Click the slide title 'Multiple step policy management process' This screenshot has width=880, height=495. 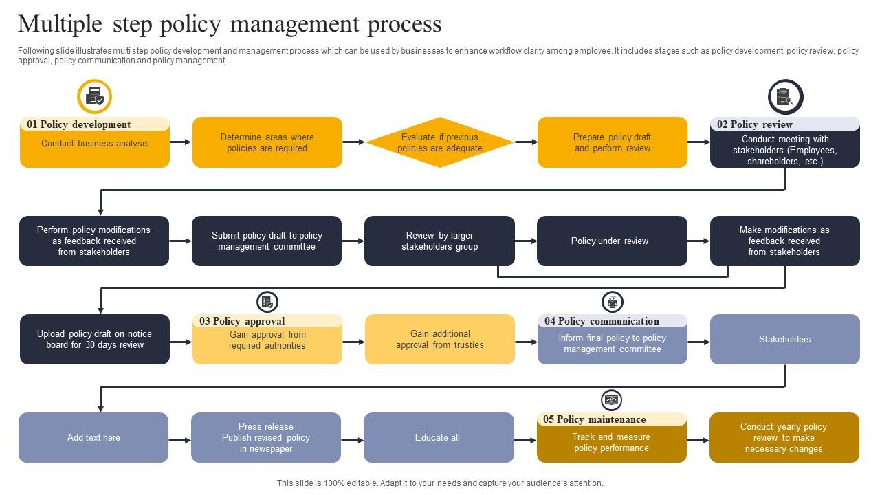point(230,24)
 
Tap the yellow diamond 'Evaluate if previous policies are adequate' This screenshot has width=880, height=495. point(440,142)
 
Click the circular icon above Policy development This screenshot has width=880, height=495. point(95,96)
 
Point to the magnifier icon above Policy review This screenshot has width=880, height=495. point(785,97)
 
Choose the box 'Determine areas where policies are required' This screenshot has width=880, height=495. point(267,142)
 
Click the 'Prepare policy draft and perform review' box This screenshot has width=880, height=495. point(612,142)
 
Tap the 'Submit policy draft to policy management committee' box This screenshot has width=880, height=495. point(267,241)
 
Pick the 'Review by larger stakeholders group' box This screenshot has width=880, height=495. point(439,241)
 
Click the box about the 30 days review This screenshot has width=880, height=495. point(95,339)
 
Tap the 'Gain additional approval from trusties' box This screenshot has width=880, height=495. point(440,339)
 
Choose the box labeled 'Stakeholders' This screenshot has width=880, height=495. point(784,339)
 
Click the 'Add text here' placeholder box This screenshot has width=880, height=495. point(93,437)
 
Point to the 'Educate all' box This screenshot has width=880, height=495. point(439,437)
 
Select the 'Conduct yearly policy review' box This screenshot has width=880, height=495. point(784,437)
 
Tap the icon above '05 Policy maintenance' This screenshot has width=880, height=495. point(611,399)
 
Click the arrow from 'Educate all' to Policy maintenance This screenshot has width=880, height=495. point(525,440)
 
